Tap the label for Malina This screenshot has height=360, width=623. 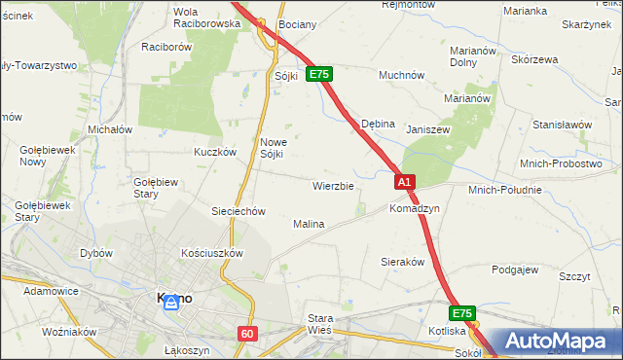[x=309, y=224]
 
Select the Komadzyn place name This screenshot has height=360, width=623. [x=415, y=209]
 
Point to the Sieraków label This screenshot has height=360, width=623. [x=403, y=263]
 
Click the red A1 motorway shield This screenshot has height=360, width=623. [x=406, y=182]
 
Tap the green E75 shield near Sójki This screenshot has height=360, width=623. [x=320, y=74]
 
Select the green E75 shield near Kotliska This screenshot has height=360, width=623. [x=462, y=313]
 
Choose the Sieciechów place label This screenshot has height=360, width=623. [x=238, y=211]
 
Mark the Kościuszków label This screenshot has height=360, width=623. [x=211, y=252]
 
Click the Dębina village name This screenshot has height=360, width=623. [x=378, y=125]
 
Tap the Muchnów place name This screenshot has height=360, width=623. [x=401, y=74]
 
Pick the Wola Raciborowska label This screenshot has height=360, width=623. [x=205, y=18]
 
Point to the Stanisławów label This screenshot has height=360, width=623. [x=562, y=125]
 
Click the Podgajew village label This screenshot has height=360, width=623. [x=516, y=270]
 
